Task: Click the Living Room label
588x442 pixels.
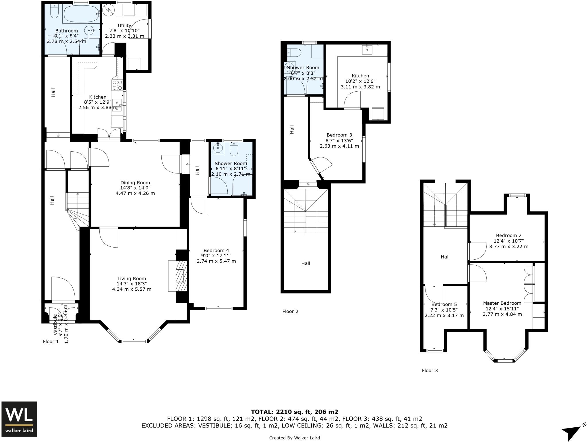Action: click(x=131, y=279)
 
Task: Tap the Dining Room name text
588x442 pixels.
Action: click(x=135, y=183)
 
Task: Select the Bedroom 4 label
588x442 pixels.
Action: click(x=216, y=250)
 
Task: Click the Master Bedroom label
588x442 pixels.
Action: click(x=502, y=303)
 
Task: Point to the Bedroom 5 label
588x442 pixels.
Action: click(x=444, y=304)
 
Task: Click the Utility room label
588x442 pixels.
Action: click(x=124, y=26)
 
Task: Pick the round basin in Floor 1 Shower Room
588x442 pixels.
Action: click(x=218, y=148)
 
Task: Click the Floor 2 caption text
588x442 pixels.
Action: click(x=290, y=311)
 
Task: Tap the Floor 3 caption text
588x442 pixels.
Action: click(x=430, y=370)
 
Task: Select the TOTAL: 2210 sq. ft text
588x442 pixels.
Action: click(x=294, y=412)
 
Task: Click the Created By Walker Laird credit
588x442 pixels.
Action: click(x=294, y=438)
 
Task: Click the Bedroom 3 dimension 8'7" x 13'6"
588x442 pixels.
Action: click(x=339, y=140)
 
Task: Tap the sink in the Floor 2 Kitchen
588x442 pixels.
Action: click(x=367, y=49)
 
